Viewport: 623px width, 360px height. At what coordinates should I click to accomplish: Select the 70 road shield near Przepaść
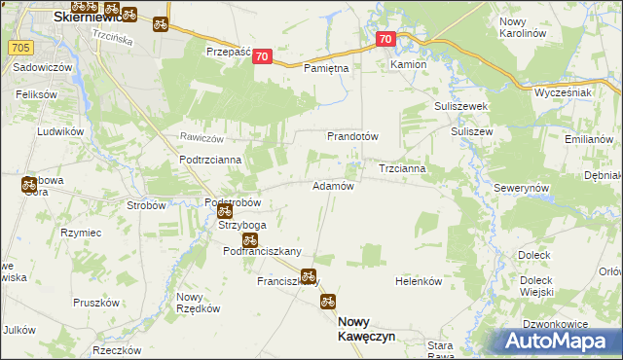point(260,57)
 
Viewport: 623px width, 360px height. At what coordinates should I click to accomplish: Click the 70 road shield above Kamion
point(385,39)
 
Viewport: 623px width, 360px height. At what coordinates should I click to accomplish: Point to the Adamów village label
point(332,185)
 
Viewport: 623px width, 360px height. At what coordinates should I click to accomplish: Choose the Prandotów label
point(352,136)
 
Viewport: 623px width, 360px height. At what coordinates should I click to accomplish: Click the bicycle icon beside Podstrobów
point(225,211)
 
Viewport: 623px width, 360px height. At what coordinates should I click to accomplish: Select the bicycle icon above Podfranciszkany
point(249,239)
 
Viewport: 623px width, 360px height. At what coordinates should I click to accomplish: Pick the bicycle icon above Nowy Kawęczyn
point(328,302)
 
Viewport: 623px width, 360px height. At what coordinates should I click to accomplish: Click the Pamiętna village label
point(326,68)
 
